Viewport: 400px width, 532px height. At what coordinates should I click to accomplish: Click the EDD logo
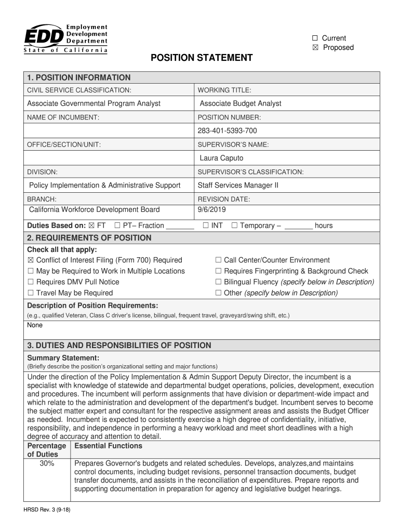click(x=65, y=38)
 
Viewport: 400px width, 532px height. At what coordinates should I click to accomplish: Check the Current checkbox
click(x=315, y=38)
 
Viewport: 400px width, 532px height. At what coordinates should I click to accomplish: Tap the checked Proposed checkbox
click(x=315, y=48)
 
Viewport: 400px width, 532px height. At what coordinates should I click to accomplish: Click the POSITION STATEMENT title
click(x=202, y=58)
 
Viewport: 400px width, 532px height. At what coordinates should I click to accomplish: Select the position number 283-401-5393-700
click(x=227, y=130)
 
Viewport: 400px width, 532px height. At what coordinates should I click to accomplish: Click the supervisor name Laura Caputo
click(x=221, y=158)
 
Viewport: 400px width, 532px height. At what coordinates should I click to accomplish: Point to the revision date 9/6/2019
click(x=211, y=209)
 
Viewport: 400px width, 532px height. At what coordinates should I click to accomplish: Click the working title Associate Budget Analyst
click(x=241, y=103)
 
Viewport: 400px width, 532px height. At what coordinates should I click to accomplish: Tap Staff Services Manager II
click(x=238, y=185)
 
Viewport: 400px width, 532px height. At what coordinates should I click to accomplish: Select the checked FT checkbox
click(x=92, y=225)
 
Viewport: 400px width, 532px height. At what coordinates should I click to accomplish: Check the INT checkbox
click(x=206, y=225)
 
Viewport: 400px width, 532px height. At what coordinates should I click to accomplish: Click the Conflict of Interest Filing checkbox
click(x=31, y=260)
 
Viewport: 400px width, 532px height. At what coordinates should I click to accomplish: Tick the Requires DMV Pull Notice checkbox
click(x=31, y=282)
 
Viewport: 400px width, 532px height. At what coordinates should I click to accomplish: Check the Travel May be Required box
click(x=31, y=293)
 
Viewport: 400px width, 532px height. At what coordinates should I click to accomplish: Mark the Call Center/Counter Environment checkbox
click(x=218, y=260)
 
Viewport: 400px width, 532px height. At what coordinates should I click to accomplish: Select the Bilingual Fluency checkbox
click(x=218, y=282)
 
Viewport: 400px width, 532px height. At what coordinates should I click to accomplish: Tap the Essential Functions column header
click(x=108, y=446)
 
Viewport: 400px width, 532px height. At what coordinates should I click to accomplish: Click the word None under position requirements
click(x=35, y=325)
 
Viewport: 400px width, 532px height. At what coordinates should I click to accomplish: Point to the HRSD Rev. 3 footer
click(x=47, y=510)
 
